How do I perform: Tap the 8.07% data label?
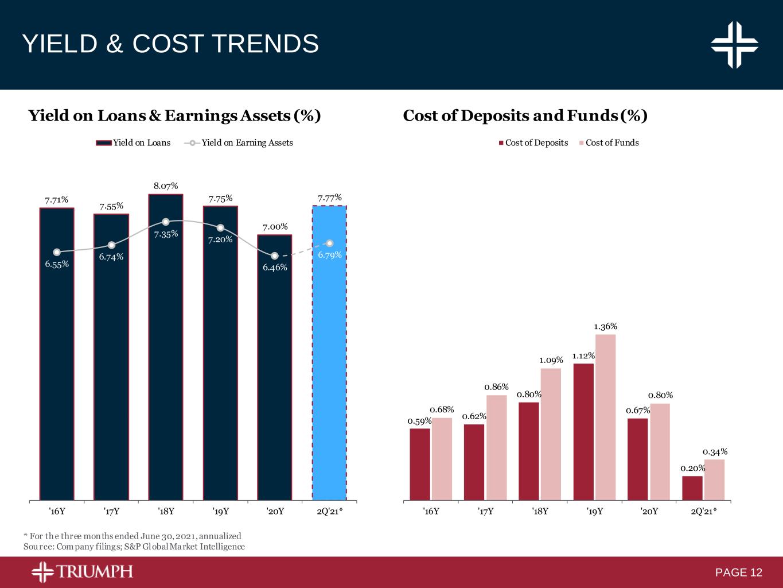(165, 186)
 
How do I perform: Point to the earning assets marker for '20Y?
(275, 256)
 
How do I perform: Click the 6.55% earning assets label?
(57, 264)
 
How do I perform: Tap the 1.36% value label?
(605, 326)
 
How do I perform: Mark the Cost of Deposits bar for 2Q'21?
(692, 488)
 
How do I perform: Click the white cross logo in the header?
(734, 45)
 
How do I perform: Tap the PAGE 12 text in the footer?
(739, 572)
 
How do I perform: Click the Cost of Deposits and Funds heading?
(525, 116)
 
